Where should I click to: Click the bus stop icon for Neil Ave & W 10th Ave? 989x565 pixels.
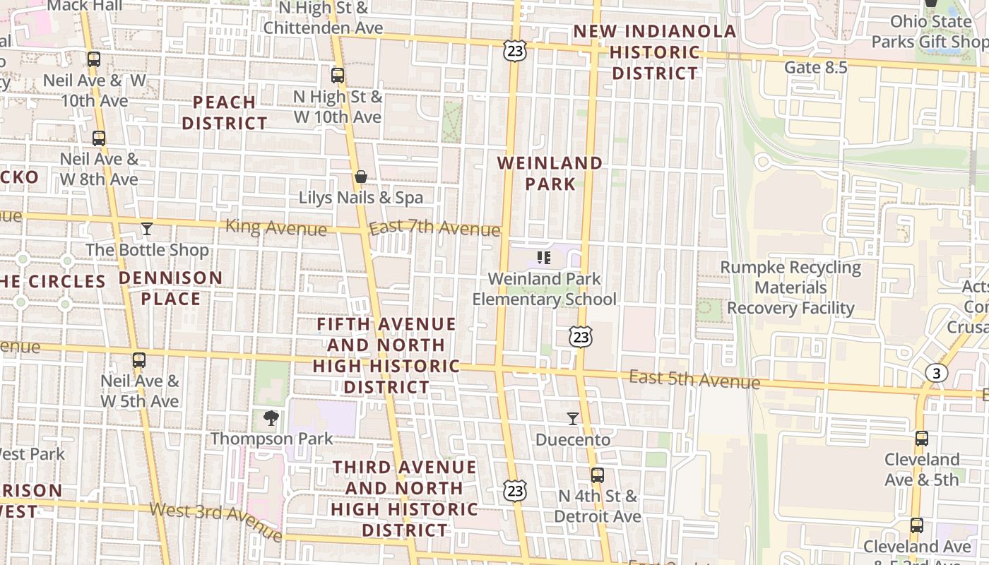click(93, 59)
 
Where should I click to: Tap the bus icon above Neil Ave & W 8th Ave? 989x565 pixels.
click(99, 138)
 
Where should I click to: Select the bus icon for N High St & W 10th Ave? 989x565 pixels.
click(338, 75)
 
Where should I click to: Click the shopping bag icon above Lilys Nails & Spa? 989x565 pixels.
click(361, 177)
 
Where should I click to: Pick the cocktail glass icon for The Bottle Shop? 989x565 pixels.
click(146, 228)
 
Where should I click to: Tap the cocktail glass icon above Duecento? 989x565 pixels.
click(573, 419)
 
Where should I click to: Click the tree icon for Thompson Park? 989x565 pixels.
click(271, 418)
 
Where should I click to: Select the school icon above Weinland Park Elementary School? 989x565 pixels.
click(543, 257)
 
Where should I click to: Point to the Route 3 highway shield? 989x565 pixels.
click(936, 373)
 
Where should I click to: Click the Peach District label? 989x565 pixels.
click(224, 113)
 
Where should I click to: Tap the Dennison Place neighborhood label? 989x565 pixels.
click(170, 288)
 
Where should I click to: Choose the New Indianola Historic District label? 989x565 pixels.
click(655, 52)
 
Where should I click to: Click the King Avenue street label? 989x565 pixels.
click(276, 228)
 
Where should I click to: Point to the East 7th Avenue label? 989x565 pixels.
click(434, 228)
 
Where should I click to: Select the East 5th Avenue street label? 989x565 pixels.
click(694, 380)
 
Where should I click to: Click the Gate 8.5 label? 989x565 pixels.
click(815, 68)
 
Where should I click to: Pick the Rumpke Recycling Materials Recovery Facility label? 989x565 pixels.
click(790, 288)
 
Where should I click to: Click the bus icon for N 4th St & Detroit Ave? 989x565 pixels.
click(598, 475)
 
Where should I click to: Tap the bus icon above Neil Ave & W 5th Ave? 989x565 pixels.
click(139, 360)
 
